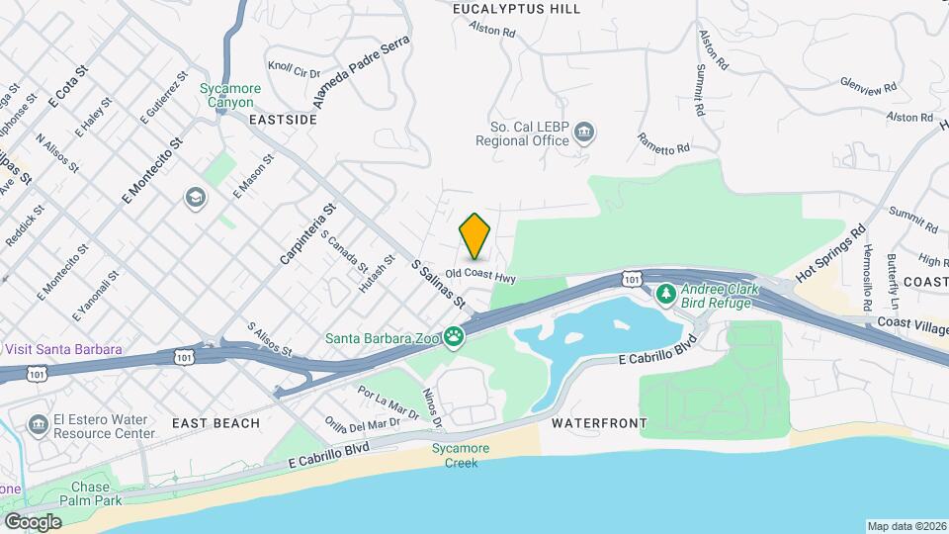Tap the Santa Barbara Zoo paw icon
[x=454, y=338]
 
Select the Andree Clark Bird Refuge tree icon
[x=666, y=294]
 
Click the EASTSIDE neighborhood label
[x=283, y=119]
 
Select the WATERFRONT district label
[x=599, y=423]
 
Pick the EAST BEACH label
[x=216, y=423]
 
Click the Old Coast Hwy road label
[x=480, y=274]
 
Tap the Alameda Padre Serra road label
[x=360, y=75]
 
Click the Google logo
[x=33, y=521]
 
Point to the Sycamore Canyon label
[x=230, y=95]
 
